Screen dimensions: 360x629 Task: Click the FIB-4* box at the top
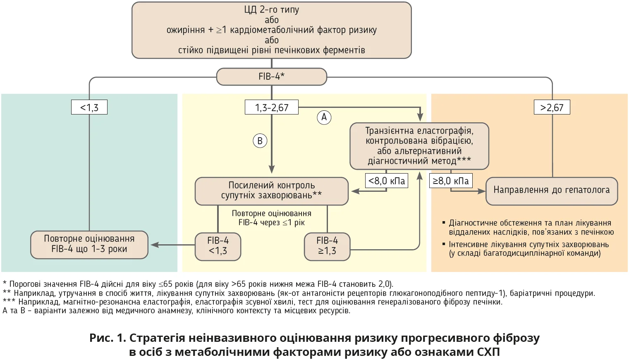[272, 76]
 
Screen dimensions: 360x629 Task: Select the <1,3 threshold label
[89, 107]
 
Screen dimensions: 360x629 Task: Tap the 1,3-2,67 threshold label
[272, 107]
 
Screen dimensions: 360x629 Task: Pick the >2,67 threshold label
[552, 107]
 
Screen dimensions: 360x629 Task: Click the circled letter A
[324, 117]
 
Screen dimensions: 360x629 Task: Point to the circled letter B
[260, 141]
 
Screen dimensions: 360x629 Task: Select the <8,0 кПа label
[387, 181]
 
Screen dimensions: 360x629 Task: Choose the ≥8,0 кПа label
[451, 181]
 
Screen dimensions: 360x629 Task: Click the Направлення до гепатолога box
[551, 191]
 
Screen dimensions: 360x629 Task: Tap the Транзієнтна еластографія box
[419, 146]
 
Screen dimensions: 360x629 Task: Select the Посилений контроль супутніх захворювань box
[271, 191]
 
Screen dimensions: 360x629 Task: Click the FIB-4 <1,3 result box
[218, 246]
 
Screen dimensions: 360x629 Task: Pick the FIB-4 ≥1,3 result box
[327, 246]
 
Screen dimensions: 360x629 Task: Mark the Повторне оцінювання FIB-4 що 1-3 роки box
[89, 244]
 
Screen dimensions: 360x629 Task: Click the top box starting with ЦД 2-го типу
[272, 30]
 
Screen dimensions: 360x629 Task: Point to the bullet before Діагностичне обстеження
[444, 223]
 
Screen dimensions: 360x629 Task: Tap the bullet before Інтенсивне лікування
[444, 244]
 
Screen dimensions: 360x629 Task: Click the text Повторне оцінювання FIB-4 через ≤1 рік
[272, 218]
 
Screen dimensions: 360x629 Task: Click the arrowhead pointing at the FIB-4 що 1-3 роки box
[154, 245]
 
